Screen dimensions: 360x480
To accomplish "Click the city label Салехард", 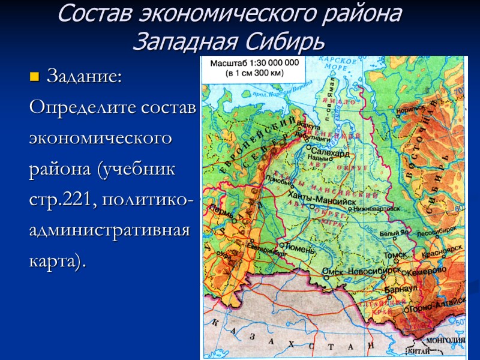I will pos(330,153).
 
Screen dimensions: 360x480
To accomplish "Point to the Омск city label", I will pos(331,271).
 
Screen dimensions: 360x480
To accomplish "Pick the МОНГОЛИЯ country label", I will pos(445,340).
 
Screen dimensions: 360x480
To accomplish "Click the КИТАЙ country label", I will pos(419,351).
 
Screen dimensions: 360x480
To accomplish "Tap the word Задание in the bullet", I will pos(84,77).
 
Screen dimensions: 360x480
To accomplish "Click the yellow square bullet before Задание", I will pos(34,77).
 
